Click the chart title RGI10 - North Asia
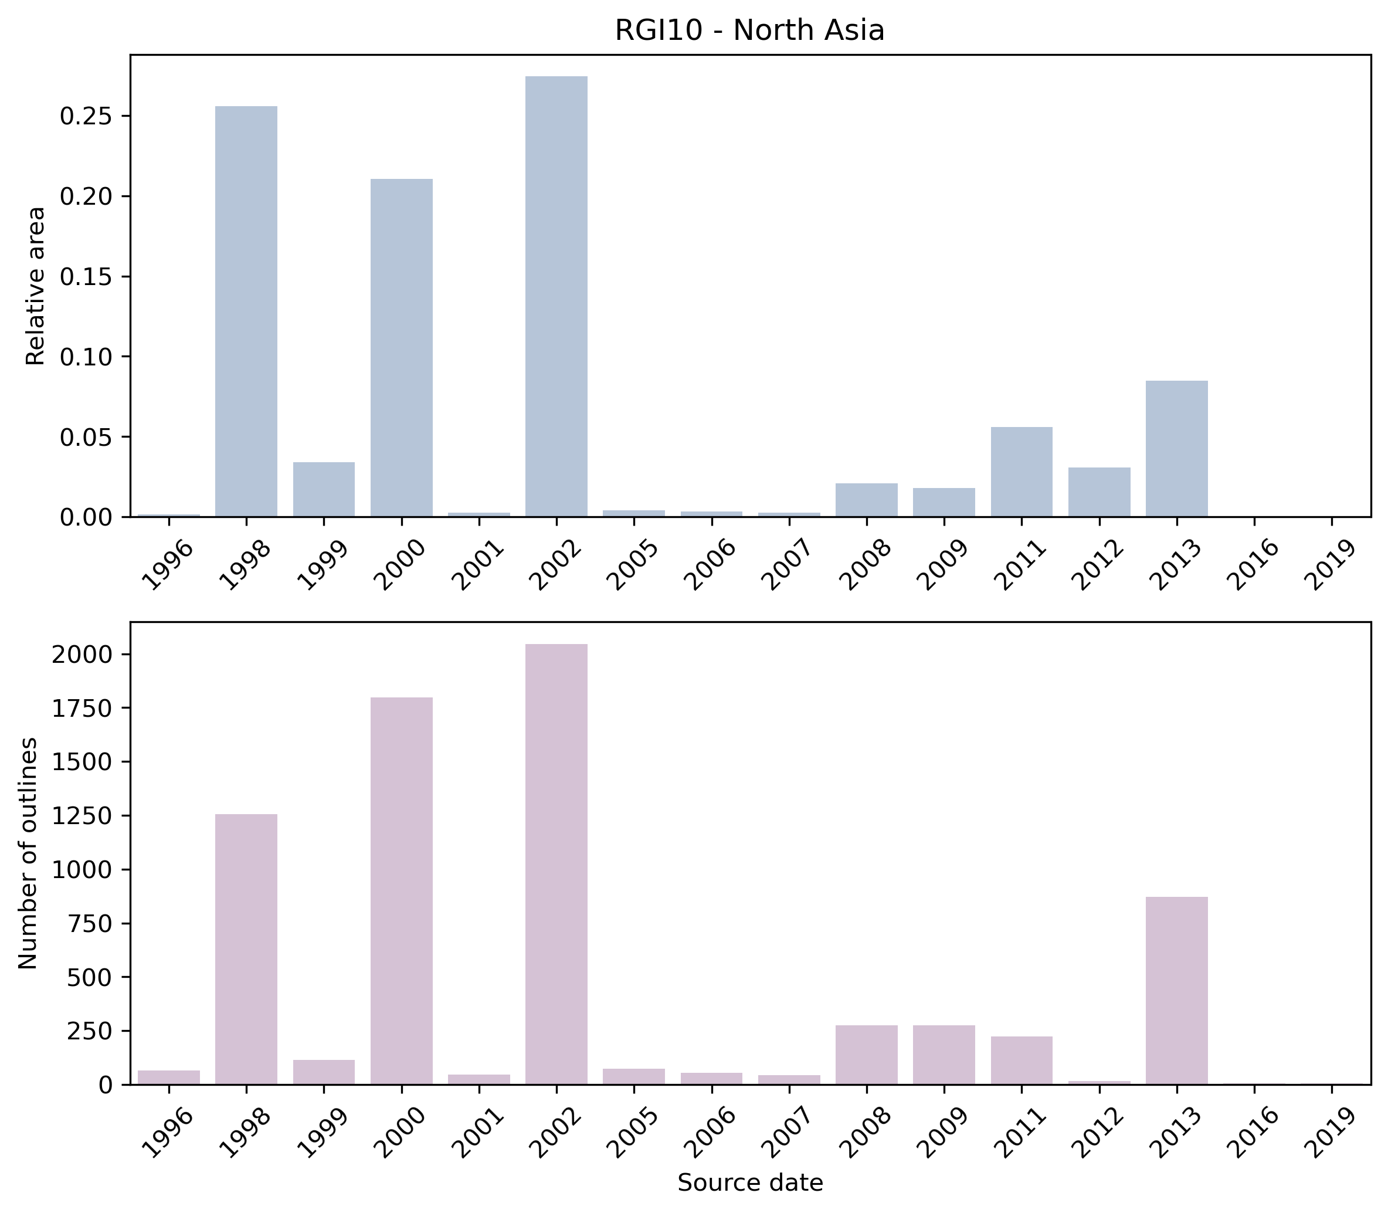[749, 31]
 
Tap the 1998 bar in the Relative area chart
[246, 311]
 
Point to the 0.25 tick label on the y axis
[85, 116]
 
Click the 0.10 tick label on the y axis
[85, 357]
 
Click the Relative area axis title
[35, 285]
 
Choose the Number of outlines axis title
[28, 853]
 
